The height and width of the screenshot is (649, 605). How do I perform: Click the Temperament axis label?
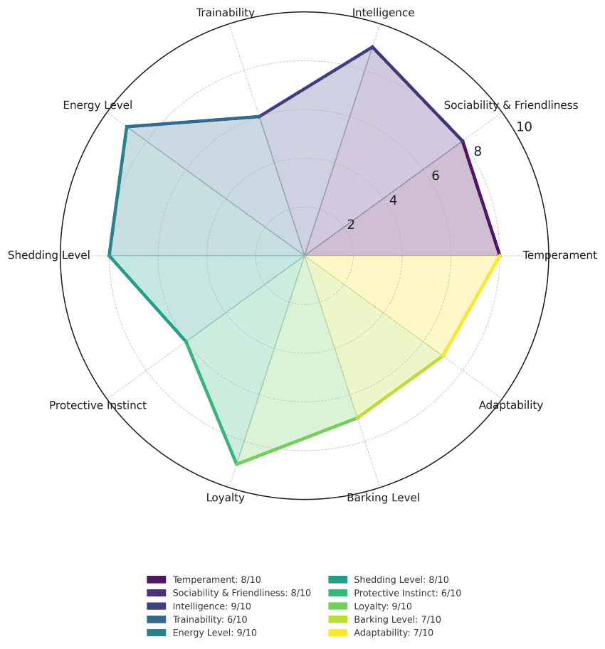(x=559, y=255)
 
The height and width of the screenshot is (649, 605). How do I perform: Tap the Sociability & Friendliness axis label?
(x=510, y=105)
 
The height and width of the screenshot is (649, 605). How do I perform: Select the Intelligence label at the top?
(x=383, y=12)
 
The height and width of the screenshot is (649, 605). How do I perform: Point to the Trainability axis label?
(x=225, y=12)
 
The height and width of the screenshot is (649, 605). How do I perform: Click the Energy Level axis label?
(x=98, y=105)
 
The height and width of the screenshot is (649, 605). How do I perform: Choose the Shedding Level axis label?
(x=49, y=255)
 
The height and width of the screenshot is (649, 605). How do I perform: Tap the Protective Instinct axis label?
(x=98, y=405)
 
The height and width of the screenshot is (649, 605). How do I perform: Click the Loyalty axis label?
(x=225, y=498)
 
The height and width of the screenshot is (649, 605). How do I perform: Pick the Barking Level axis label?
(x=383, y=498)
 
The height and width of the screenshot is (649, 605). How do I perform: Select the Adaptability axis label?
(x=510, y=405)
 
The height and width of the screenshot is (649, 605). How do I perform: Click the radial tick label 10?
(x=525, y=127)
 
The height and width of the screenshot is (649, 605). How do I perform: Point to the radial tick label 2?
(x=351, y=225)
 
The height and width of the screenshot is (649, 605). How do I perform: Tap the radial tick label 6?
(x=436, y=176)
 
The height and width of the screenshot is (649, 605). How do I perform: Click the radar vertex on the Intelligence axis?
(x=372, y=48)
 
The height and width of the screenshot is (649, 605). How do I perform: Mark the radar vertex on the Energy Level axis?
(x=127, y=127)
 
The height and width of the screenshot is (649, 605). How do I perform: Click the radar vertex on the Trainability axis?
(x=260, y=117)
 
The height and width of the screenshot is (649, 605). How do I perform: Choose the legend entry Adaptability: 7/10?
(x=393, y=633)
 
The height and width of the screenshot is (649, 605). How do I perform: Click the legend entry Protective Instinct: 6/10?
(x=407, y=593)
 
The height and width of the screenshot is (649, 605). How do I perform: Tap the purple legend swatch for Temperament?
(x=156, y=580)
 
